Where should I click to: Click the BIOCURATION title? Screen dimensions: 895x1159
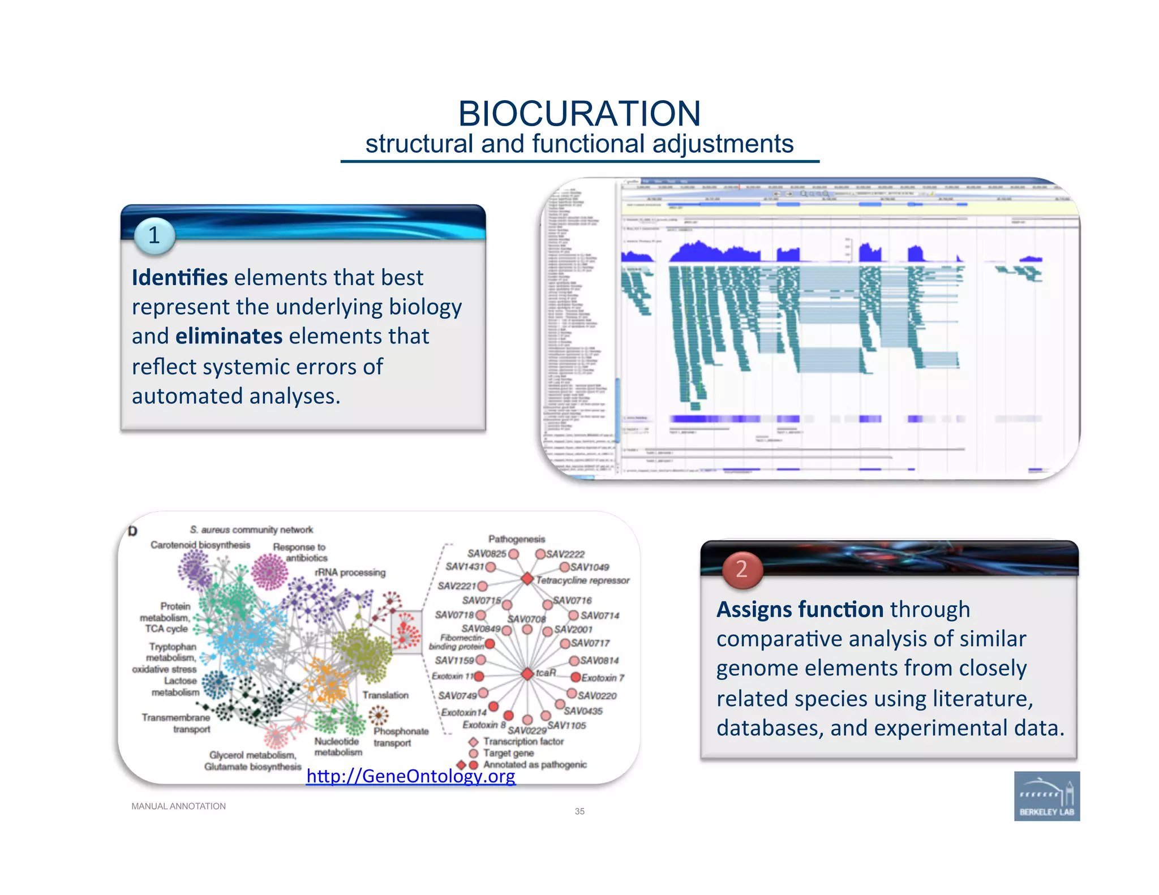[x=579, y=114]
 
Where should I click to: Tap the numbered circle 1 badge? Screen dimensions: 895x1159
[x=154, y=235]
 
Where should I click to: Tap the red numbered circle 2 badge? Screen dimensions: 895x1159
[x=741, y=569]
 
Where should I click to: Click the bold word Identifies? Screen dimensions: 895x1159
[x=179, y=278]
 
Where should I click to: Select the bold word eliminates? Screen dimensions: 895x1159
[x=229, y=337]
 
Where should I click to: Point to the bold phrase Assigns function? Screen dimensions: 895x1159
[x=800, y=610]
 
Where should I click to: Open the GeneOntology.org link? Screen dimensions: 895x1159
[x=411, y=776]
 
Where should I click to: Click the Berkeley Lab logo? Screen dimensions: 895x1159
[x=1046, y=796]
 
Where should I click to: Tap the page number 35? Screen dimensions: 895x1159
[x=579, y=811]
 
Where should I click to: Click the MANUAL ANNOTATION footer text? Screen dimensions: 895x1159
[x=178, y=806]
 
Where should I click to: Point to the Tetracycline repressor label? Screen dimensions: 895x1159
[x=582, y=580]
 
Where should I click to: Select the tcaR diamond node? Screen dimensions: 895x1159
[x=527, y=674]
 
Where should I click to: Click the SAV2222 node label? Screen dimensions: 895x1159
[x=565, y=554]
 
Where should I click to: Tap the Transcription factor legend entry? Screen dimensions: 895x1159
[x=523, y=741]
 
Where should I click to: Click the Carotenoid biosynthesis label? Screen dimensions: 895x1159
[x=200, y=545]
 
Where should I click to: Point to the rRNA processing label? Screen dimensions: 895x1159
[x=350, y=573]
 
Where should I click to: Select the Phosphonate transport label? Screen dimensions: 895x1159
[x=400, y=737]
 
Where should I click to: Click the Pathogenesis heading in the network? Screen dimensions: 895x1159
[x=516, y=539]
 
